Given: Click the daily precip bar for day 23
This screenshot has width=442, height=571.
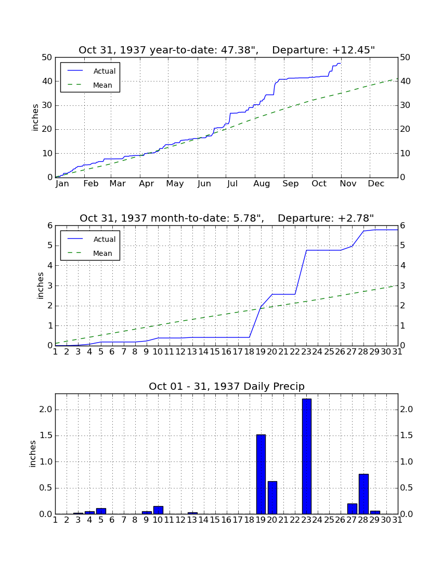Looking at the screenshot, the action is click(307, 456).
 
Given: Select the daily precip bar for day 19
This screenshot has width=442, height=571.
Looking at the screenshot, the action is click(261, 474).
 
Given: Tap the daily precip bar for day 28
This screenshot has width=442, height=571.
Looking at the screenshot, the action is click(363, 494).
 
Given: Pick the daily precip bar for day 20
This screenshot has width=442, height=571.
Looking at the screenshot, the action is click(272, 497).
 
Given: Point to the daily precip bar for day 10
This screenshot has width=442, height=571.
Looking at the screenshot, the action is click(158, 510).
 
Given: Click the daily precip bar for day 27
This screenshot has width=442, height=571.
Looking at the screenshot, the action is click(352, 509).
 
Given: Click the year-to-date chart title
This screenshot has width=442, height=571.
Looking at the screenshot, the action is click(227, 50).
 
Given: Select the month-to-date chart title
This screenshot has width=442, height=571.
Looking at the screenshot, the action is click(227, 218).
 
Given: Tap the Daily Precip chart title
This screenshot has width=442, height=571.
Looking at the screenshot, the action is click(227, 386).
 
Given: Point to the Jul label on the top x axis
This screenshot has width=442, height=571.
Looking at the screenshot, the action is click(232, 184).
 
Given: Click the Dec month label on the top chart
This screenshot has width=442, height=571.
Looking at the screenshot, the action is click(376, 184).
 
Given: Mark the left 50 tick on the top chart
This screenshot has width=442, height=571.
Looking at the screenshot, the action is click(47, 58).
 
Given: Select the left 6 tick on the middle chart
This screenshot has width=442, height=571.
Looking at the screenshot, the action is click(50, 226).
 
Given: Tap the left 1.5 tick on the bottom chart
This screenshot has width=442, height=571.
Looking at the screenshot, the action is click(46, 436).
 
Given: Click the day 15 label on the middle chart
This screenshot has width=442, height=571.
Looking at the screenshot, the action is click(215, 352).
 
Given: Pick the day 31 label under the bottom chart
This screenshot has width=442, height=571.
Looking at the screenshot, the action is click(397, 520).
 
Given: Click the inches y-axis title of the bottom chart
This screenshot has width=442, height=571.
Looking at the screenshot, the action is click(33, 454).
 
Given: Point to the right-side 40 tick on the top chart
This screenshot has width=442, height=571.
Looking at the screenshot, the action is click(405, 81).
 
